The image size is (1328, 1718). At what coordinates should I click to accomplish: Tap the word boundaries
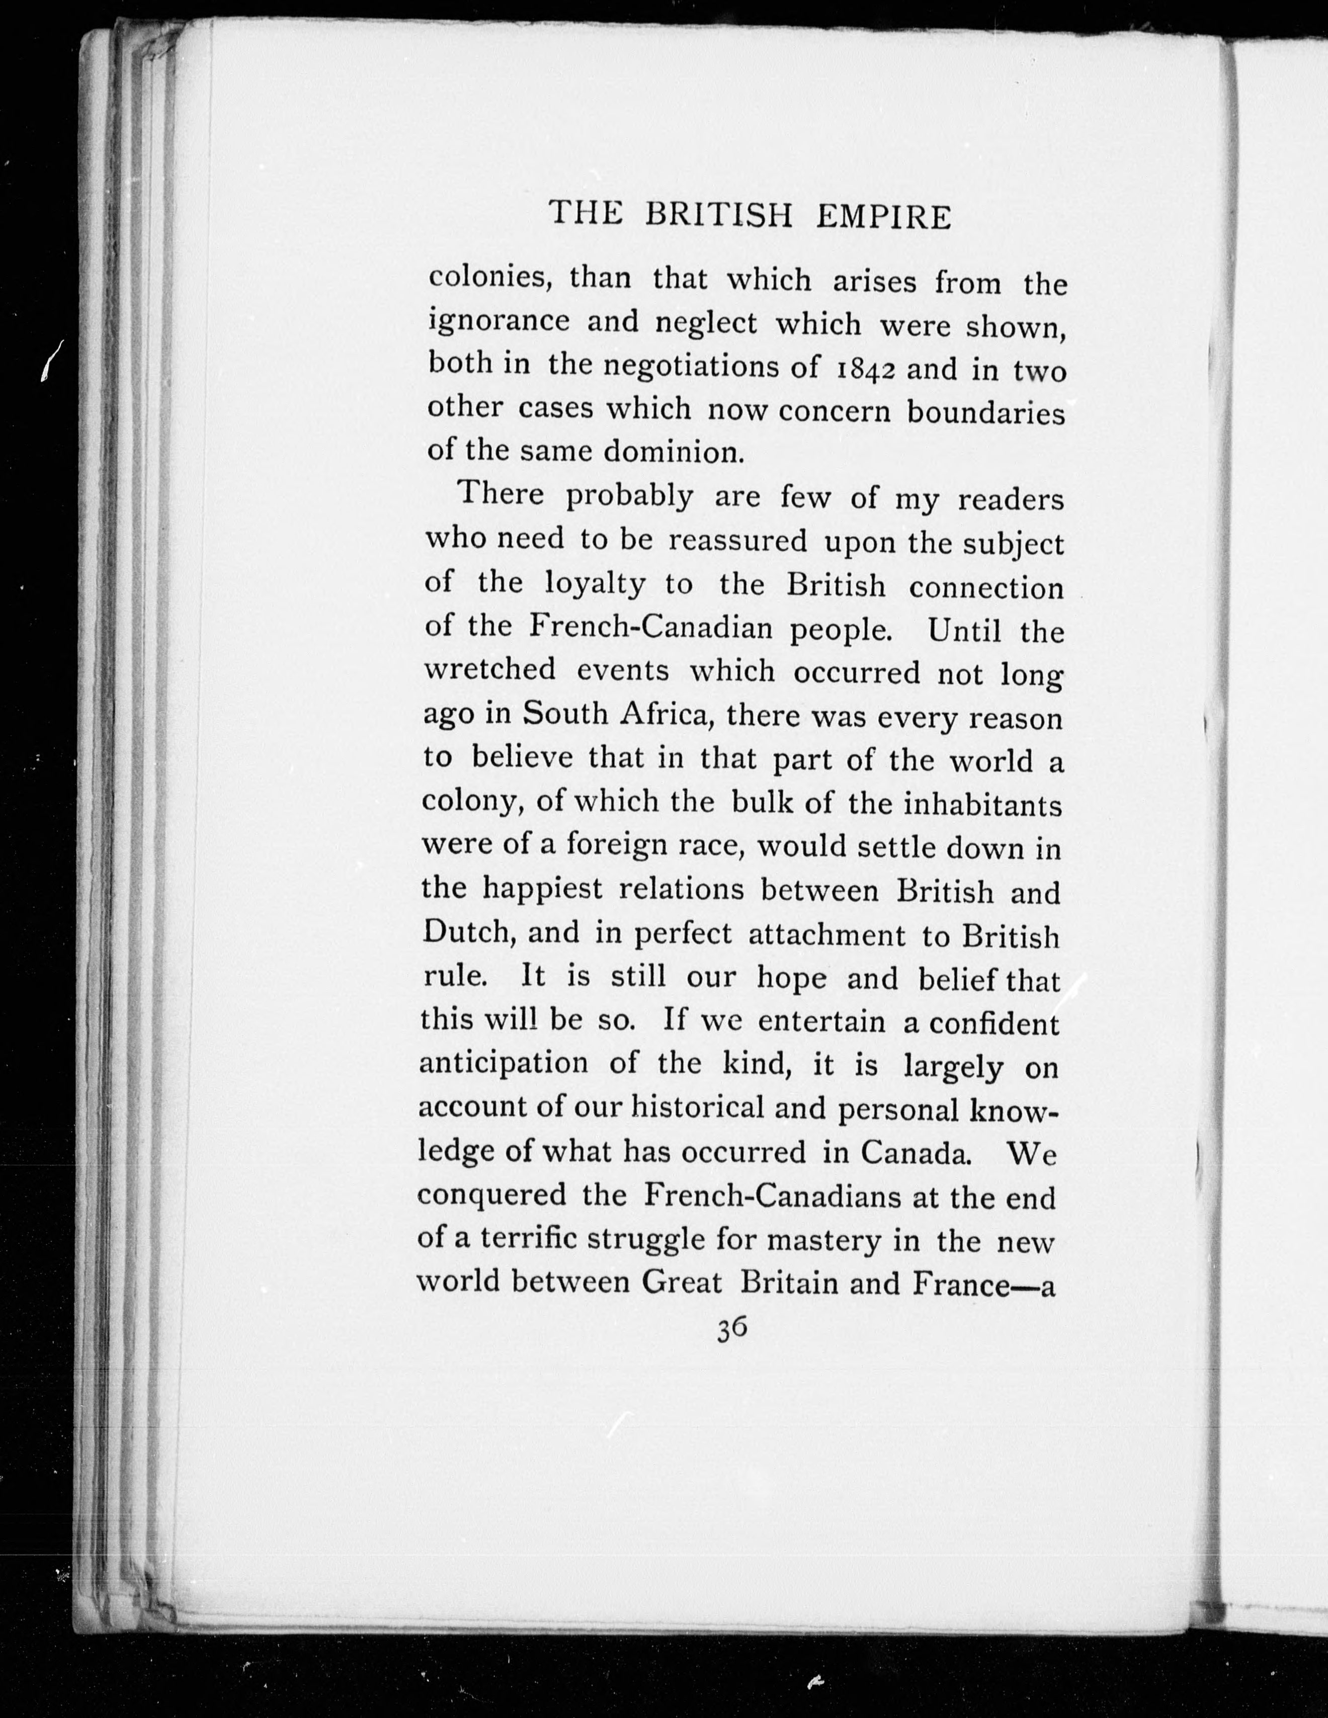coord(986,413)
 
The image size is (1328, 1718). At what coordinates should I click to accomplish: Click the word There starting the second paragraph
coord(501,494)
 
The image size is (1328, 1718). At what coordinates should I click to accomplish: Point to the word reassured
coord(738,541)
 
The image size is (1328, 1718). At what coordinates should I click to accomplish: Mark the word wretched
coord(489,669)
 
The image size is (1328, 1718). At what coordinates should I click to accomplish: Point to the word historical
coord(698,1107)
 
